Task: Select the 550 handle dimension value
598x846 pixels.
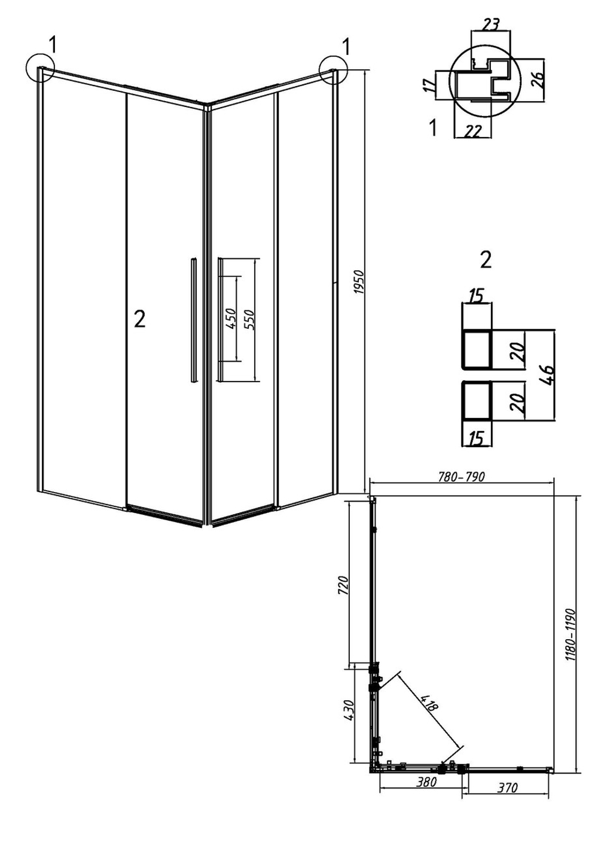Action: [250, 319]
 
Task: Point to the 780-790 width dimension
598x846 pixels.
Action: [461, 477]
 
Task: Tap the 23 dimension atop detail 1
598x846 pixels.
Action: [490, 25]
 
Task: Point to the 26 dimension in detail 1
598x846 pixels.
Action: [538, 79]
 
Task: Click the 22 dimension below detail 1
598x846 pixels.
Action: [472, 131]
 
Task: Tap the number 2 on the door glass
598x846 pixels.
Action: [140, 320]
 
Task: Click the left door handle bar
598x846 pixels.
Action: [193, 320]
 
